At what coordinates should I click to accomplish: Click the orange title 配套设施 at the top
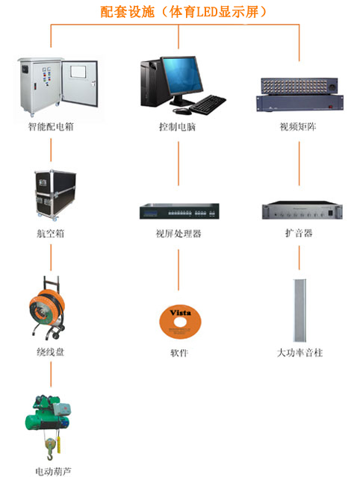coord(127,12)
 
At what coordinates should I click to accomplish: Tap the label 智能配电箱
coord(51,126)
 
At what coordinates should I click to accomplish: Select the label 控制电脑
coord(178,127)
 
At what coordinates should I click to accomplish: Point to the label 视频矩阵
coord(298,127)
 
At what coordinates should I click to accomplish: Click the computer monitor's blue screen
coord(182,75)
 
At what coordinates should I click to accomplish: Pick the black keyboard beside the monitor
coord(208,105)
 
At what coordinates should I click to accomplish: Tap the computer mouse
coord(182,111)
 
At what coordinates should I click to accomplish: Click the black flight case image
coord(55,195)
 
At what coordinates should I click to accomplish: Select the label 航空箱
coord(51,234)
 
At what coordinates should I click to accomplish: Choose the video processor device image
coord(179,211)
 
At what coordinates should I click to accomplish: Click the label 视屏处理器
coord(179,234)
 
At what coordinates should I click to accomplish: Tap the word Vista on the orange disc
coord(181,313)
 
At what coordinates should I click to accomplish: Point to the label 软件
coord(179,353)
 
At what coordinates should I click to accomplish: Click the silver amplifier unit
coord(302,210)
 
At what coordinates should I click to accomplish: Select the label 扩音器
coord(299,234)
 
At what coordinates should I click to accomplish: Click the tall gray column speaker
coord(300,311)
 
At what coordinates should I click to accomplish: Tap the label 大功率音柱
coord(300,353)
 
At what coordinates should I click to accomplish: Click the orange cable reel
coord(47,308)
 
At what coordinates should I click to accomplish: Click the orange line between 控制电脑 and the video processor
coord(179,163)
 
